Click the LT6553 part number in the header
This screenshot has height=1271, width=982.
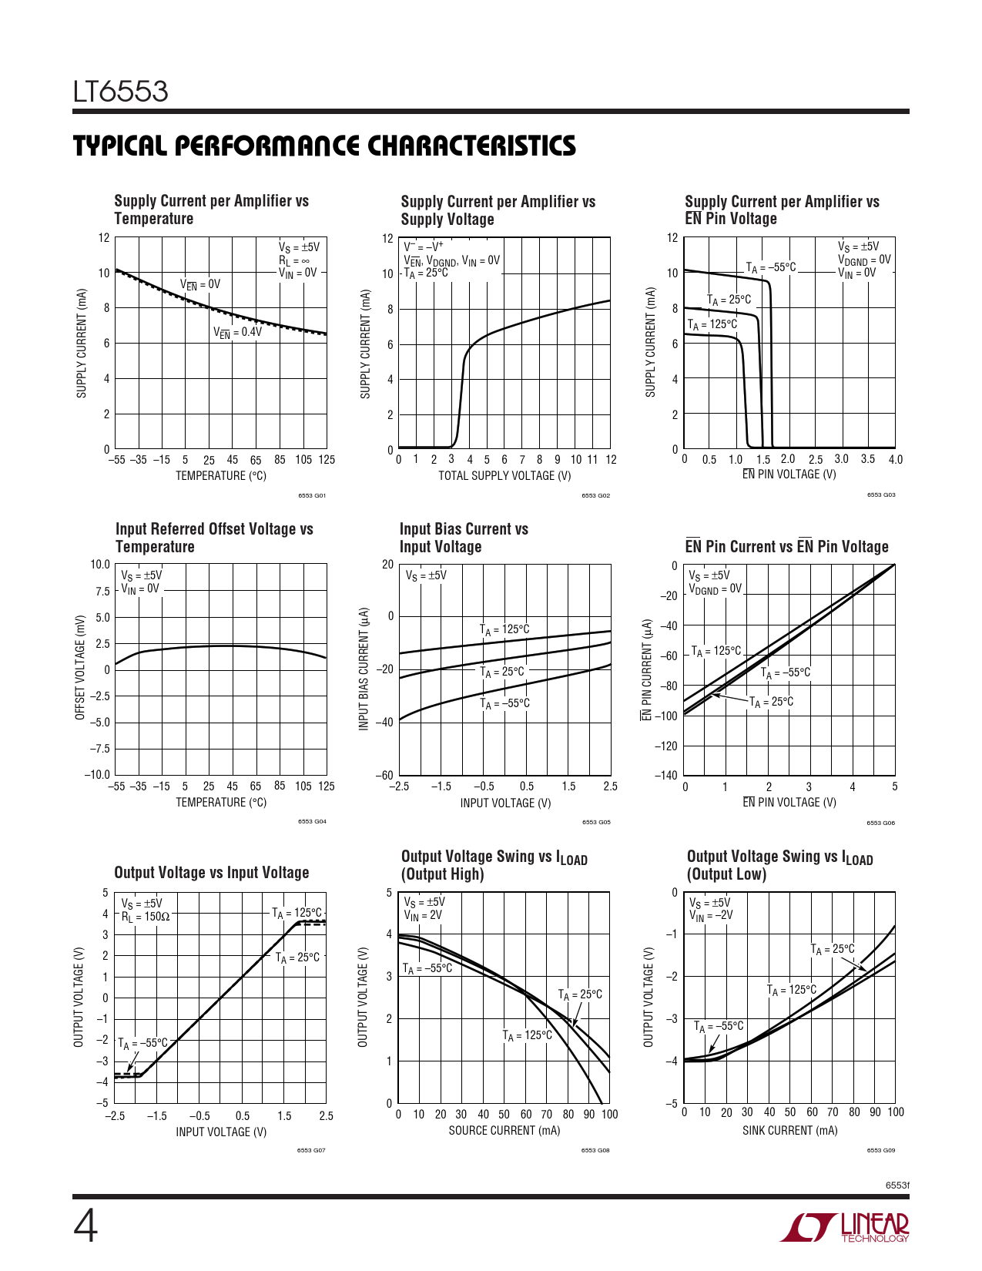click(x=121, y=92)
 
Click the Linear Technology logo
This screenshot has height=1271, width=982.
click(x=845, y=1227)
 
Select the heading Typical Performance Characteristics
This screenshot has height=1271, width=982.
click(x=324, y=146)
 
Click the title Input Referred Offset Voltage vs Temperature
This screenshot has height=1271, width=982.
click(x=214, y=538)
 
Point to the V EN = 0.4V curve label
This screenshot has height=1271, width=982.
click(x=237, y=332)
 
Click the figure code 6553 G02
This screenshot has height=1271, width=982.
click(x=595, y=495)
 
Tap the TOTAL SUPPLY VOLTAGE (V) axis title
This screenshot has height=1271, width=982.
click(x=504, y=475)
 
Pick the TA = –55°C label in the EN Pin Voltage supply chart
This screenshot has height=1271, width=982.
click(x=771, y=267)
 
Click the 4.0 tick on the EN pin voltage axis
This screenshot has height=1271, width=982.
click(x=895, y=460)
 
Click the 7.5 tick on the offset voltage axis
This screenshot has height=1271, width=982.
click(x=102, y=592)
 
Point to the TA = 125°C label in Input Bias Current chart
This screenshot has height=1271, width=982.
click(x=504, y=629)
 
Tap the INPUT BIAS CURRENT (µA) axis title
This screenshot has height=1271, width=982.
click(x=364, y=669)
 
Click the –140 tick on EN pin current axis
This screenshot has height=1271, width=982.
click(x=666, y=775)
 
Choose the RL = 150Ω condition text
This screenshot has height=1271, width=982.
click(x=145, y=917)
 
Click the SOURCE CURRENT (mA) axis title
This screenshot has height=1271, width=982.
click(x=504, y=1130)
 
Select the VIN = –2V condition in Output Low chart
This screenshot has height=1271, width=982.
click(x=711, y=915)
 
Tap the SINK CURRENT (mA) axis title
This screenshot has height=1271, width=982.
click(x=789, y=1130)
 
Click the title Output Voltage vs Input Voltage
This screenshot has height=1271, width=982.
click(x=212, y=873)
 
